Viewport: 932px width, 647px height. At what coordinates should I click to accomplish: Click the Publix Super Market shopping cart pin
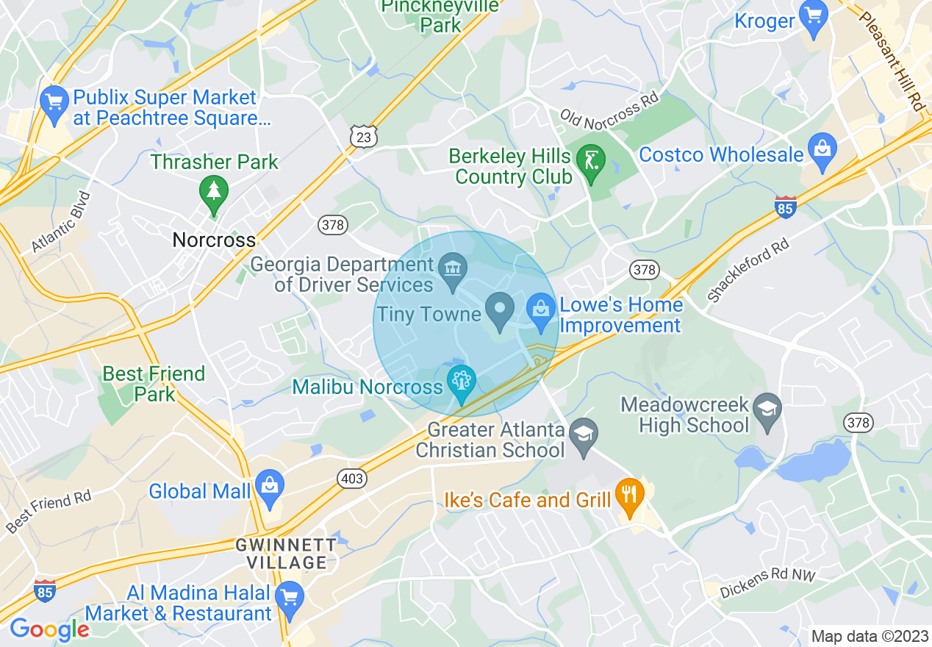(x=54, y=104)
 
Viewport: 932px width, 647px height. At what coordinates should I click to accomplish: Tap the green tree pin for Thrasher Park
(x=214, y=193)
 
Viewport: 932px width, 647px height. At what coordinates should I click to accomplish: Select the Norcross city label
(x=214, y=240)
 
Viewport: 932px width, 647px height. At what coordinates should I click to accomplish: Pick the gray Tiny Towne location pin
(x=501, y=310)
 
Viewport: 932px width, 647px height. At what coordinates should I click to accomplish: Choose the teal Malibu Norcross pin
(x=462, y=383)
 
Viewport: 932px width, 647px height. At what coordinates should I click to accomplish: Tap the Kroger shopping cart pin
(x=814, y=18)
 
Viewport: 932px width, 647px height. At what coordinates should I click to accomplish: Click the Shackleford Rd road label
(x=748, y=271)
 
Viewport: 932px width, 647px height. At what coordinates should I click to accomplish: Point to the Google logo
(x=49, y=629)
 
